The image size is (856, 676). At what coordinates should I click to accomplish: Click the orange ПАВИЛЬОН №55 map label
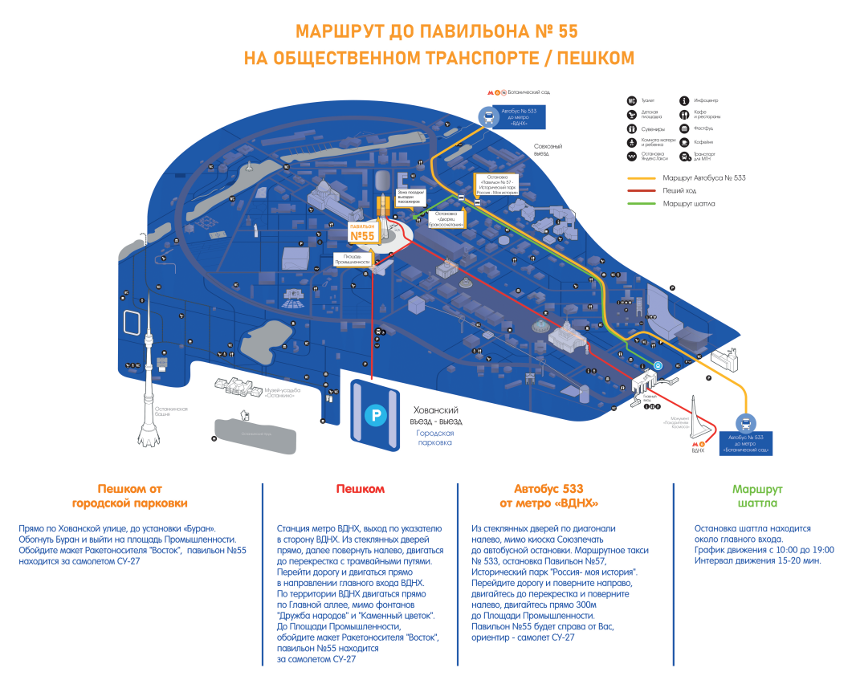coord(362,233)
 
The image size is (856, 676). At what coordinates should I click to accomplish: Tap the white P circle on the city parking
coord(375,415)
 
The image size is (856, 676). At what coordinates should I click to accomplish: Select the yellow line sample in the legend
coord(642,178)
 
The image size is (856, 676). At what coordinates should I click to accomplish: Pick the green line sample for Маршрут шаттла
coord(642,204)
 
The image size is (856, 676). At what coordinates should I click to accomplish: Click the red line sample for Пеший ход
coord(642,191)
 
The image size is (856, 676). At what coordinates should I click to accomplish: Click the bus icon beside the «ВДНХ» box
coord(487,117)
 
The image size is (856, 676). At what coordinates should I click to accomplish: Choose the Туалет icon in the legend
coord(632,100)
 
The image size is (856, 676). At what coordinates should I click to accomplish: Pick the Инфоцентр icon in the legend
coord(684,100)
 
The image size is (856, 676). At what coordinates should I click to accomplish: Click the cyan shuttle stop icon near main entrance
coord(657,365)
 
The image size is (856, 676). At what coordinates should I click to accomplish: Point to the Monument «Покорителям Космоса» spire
coord(700,417)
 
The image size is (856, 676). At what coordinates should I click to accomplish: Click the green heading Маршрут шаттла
coord(757,496)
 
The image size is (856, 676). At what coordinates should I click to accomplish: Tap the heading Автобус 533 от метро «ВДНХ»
coord(549,496)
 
